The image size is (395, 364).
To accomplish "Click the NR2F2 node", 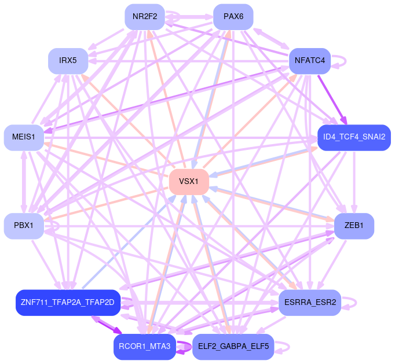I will click(145, 17).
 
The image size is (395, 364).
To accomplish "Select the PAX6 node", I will click(233, 17).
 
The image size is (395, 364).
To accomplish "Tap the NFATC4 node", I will click(309, 60).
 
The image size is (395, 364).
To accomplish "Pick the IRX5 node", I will click(68, 60).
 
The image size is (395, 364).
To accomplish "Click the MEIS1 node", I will click(24, 137).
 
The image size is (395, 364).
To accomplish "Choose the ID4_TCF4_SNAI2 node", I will click(354, 137).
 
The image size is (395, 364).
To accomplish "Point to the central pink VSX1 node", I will click(189, 182).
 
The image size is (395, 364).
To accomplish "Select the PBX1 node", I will click(24, 226).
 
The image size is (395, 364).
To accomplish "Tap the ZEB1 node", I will click(354, 226).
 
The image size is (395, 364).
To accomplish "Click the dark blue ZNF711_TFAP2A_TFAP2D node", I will click(68, 303).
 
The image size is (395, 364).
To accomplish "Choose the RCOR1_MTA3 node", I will click(144, 347).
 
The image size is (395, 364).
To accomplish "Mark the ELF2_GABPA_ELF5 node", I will click(233, 347).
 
